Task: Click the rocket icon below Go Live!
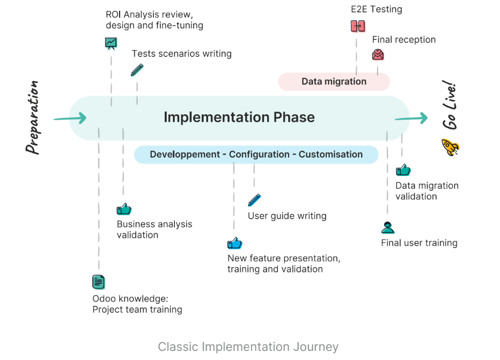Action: [450, 147]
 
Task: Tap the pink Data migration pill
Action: [334, 82]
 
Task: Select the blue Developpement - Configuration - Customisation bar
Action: [256, 155]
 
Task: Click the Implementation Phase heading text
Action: [239, 117]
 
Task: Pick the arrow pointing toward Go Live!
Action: [411, 118]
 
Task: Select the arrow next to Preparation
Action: [70, 118]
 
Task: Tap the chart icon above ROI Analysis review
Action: [111, 43]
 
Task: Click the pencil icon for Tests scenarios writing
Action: [137, 70]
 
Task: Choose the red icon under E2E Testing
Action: [358, 26]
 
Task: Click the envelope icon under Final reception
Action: [378, 54]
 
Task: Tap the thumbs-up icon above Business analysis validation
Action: [124, 209]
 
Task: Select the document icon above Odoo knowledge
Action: [99, 282]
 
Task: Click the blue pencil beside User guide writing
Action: [254, 200]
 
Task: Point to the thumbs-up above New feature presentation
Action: [234, 243]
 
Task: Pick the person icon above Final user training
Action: [388, 227]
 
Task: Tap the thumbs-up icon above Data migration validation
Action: [403, 170]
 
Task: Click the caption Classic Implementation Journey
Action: [248, 347]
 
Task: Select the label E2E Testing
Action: [376, 9]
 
